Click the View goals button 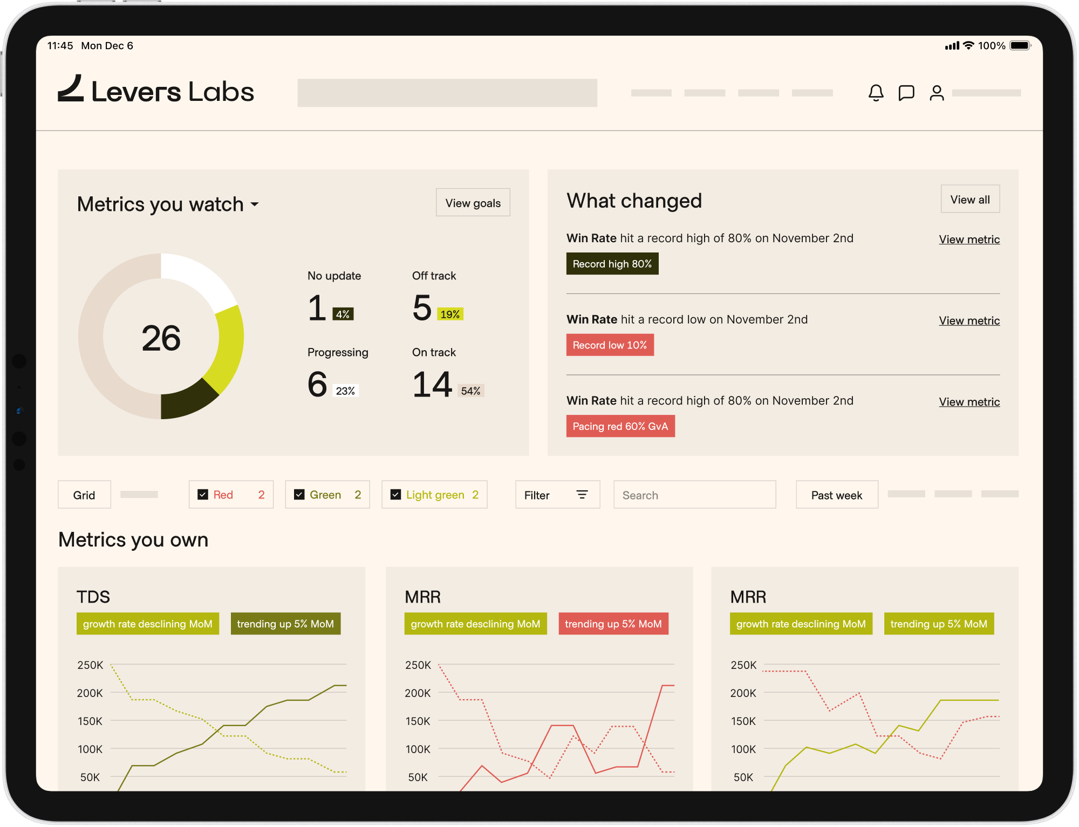click(473, 203)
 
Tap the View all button click(969, 200)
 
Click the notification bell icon click(876, 93)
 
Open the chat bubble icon click(906, 93)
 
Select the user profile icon click(937, 93)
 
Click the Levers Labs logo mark click(71, 89)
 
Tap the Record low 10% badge click(610, 345)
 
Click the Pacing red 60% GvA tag click(620, 426)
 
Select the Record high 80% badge click(612, 264)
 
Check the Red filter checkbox click(203, 495)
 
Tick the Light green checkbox click(395, 495)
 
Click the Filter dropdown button click(557, 495)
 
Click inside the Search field click(694, 495)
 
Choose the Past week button click(836, 495)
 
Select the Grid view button click(84, 495)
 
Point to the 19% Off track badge click(450, 314)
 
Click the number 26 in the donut click(161, 338)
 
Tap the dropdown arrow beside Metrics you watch click(255, 204)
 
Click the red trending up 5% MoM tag click(613, 624)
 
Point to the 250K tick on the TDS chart click(90, 665)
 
